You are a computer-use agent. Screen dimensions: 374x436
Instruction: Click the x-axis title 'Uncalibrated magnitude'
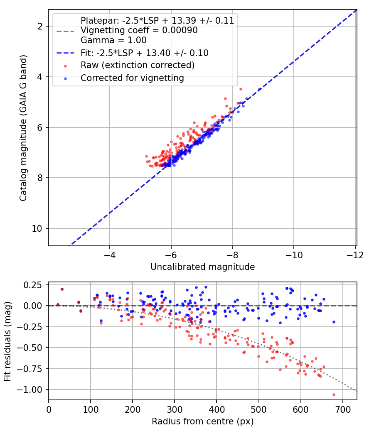point(203,267)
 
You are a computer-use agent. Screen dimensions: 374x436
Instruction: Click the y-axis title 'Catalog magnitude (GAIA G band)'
point(23,128)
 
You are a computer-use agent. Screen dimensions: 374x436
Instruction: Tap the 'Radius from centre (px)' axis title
point(203,421)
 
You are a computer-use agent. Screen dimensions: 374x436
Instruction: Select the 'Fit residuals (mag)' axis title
point(7,341)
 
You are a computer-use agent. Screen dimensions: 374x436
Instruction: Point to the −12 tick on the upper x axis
point(355,255)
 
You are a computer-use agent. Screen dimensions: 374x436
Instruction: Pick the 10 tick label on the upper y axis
point(37,228)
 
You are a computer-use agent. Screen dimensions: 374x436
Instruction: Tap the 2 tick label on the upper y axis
point(40,26)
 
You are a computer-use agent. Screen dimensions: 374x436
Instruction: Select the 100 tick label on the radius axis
point(91,409)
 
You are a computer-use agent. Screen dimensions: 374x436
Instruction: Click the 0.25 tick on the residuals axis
point(33,285)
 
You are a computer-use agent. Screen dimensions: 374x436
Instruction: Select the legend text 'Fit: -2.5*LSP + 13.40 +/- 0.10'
point(145,53)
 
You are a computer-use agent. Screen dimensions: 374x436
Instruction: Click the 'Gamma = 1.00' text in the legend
point(113,40)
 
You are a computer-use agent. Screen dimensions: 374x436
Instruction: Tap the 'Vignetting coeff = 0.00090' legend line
point(139,30)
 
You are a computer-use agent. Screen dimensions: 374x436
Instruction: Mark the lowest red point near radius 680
point(334,394)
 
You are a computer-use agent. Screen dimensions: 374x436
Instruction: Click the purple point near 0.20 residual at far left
point(62,289)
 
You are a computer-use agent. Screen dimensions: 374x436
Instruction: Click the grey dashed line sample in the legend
point(65,31)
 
